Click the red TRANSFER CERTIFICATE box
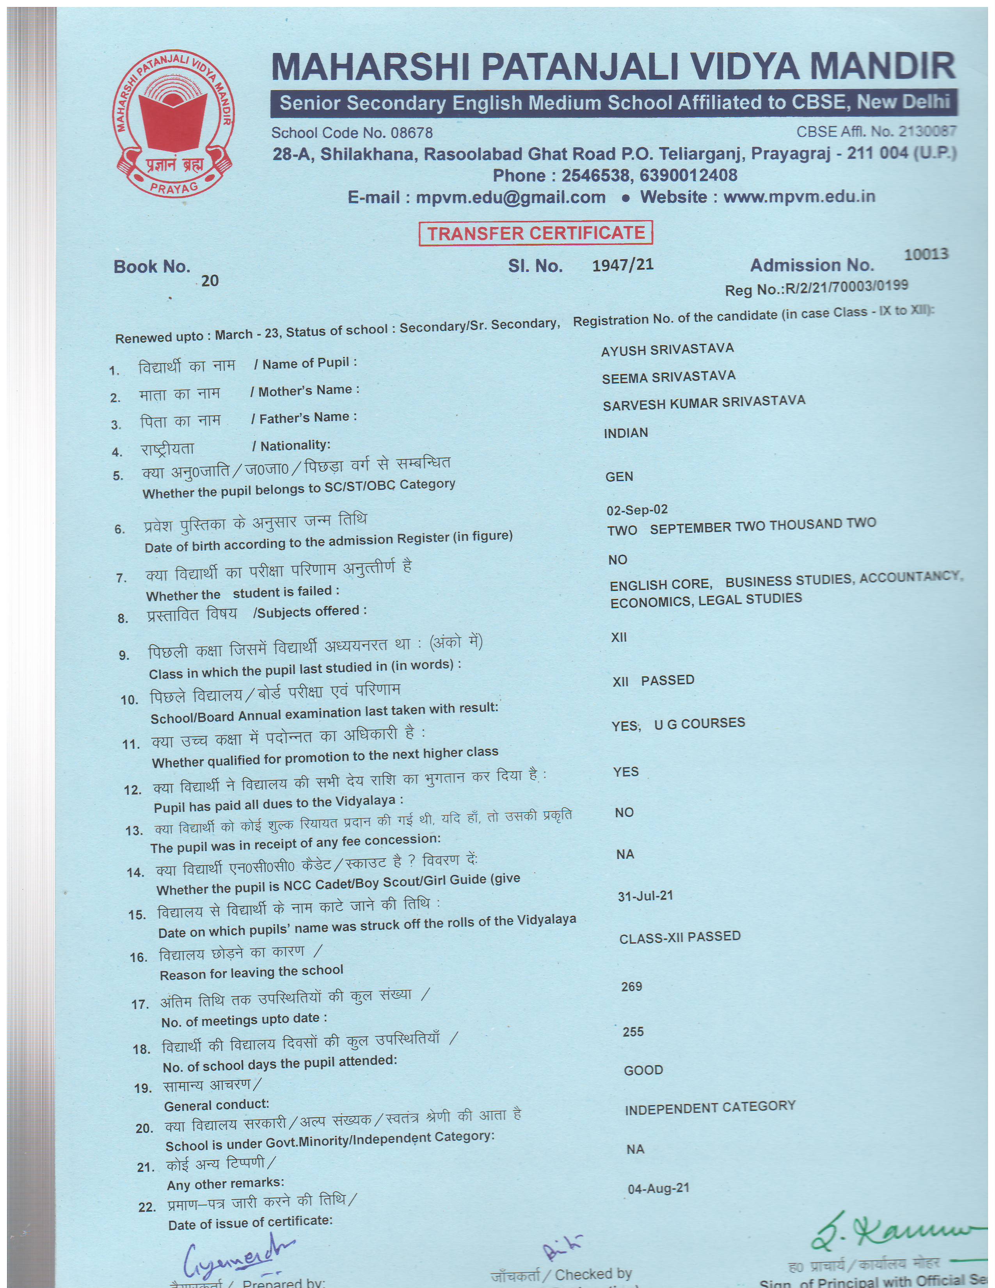coord(535,233)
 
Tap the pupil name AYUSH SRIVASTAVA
coord(667,350)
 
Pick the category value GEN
coord(619,477)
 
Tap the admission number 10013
coord(926,254)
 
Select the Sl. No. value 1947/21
coord(623,265)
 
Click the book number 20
coord(210,281)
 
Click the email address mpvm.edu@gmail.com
coord(510,197)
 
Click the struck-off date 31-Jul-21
coord(645,896)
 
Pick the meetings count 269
coord(631,987)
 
